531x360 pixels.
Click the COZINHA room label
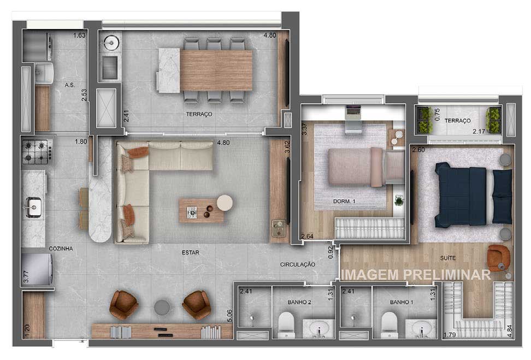(61, 249)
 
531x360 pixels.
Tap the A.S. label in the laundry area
(69, 85)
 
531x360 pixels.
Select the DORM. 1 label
(344, 201)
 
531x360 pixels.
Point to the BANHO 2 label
(299, 302)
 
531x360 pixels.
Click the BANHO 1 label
(402, 302)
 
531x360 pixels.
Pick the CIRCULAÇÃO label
(297, 264)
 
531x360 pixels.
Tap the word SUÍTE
(448, 258)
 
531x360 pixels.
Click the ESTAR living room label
(190, 252)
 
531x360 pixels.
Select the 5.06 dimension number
(229, 316)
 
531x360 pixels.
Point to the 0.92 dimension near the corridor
(331, 252)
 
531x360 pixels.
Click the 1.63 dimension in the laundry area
(79, 35)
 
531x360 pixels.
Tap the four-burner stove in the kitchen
(37, 152)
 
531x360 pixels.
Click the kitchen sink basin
(34, 207)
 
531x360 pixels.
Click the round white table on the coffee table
(225, 203)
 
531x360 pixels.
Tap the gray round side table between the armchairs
(162, 308)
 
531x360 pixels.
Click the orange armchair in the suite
(498, 257)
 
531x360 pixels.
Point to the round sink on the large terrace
(111, 43)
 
